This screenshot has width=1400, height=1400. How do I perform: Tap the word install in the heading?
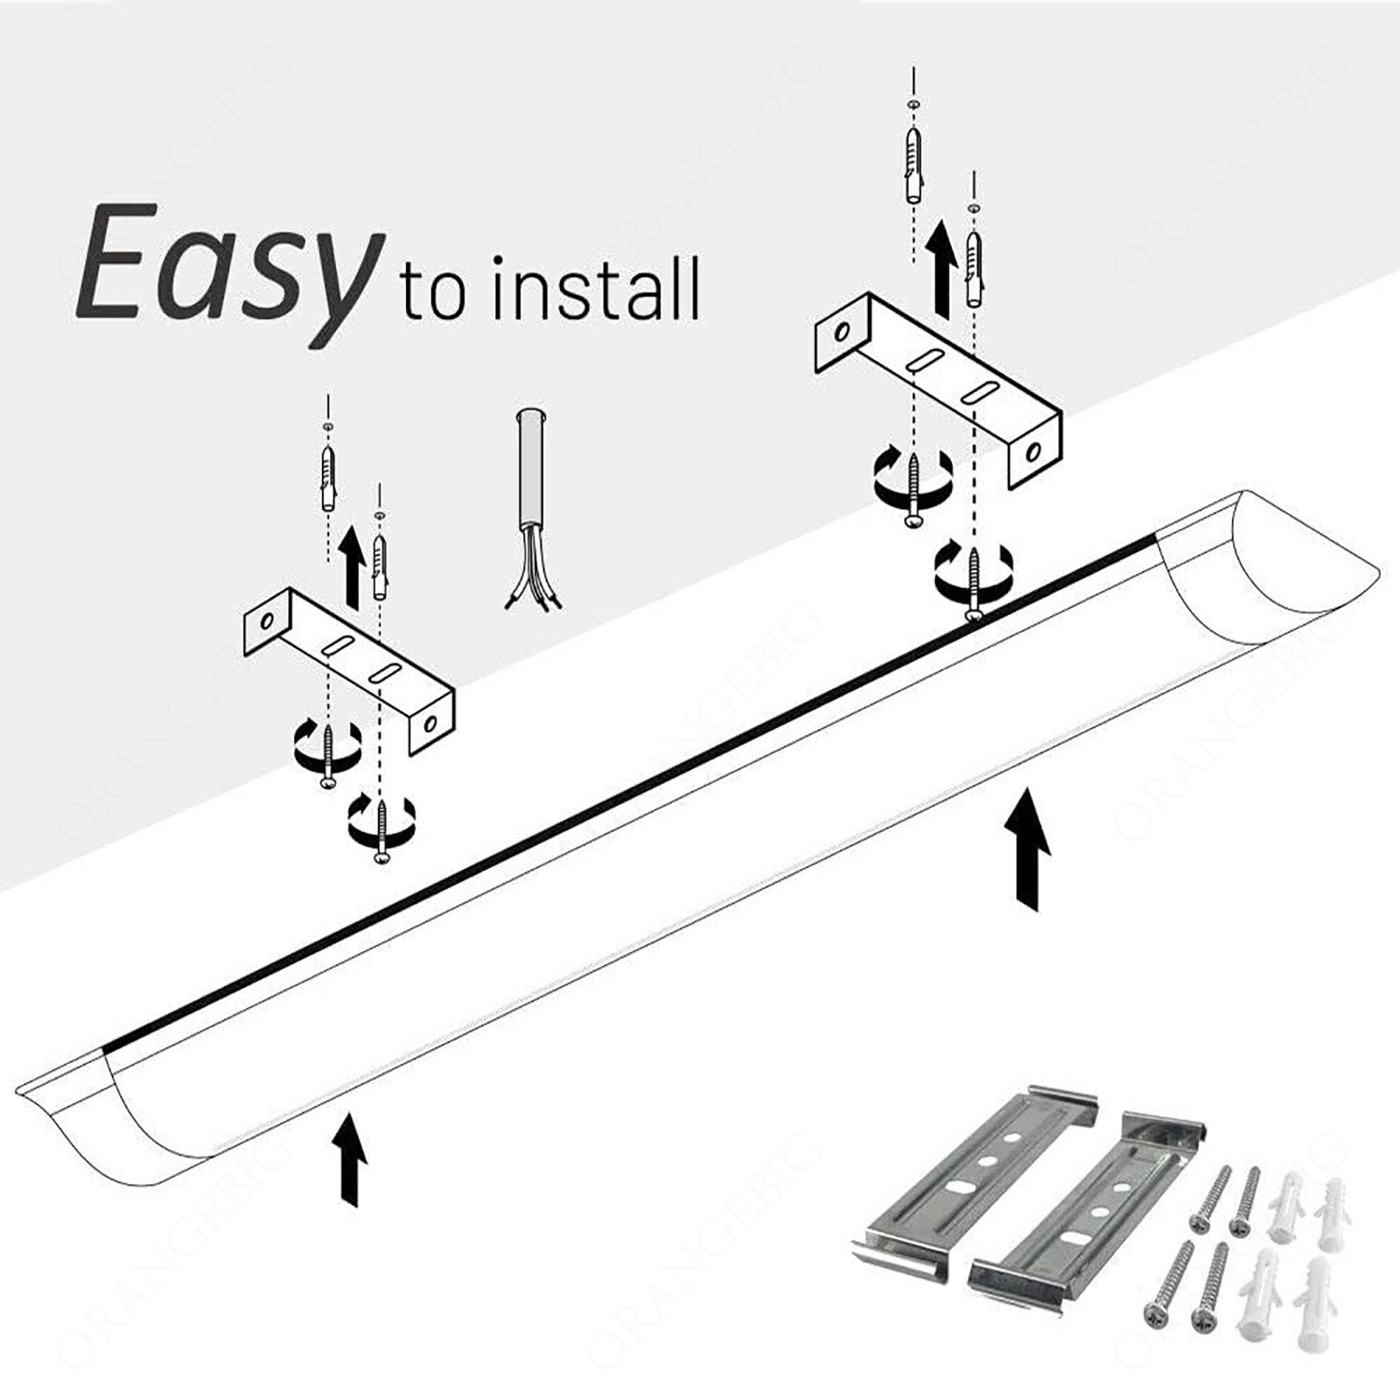595,289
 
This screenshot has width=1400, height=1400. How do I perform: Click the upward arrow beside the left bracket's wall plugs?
352,566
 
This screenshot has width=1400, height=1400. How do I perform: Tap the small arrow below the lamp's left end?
351,1157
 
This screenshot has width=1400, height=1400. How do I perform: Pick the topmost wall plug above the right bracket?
913,166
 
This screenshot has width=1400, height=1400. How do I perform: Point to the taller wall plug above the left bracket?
327,477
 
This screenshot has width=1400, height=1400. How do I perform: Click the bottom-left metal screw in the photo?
1168,1282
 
